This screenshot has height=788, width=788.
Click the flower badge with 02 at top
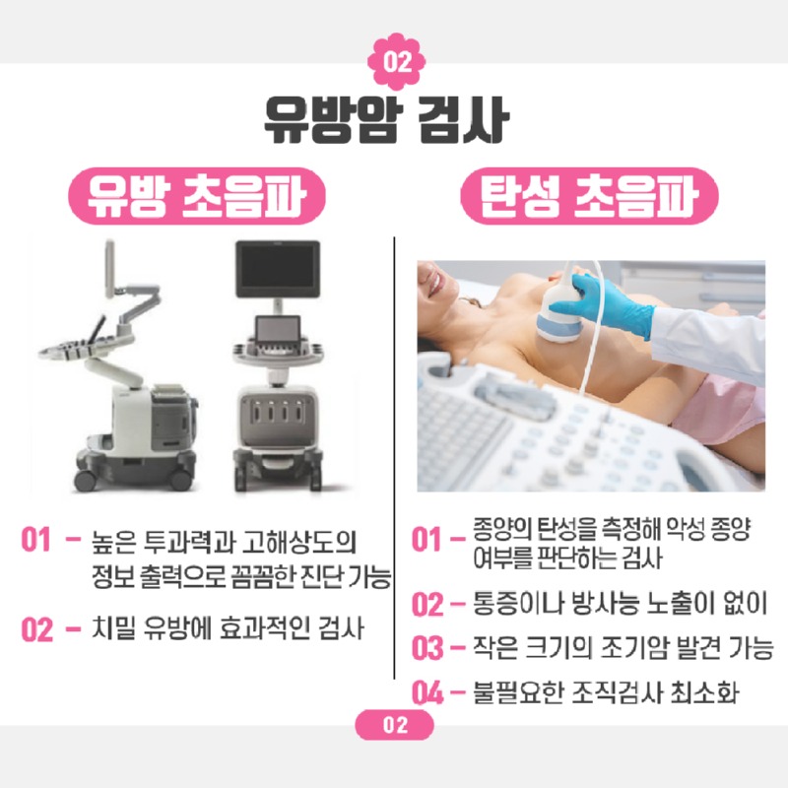pyautogui.click(x=397, y=61)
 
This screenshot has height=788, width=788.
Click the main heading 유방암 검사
pyautogui.click(x=386, y=119)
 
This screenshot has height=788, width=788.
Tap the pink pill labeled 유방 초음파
pyautogui.click(x=197, y=196)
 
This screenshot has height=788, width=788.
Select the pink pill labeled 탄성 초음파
pyautogui.click(x=589, y=196)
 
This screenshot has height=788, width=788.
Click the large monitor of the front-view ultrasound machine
pyautogui.click(x=278, y=269)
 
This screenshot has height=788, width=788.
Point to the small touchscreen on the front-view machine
pyautogui.click(x=278, y=330)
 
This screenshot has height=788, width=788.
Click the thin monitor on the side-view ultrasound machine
pyautogui.click(x=109, y=269)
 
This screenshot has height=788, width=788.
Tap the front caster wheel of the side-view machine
pyautogui.click(x=85, y=481)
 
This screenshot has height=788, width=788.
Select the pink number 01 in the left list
pyautogui.click(x=35, y=540)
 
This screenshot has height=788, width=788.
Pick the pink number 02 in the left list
pyautogui.click(x=36, y=629)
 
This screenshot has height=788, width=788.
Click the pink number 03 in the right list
pyautogui.click(x=427, y=648)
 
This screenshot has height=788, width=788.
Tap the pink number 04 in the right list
pyautogui.click(x=427, y=692)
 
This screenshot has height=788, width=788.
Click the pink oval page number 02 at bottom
pyautogui.click(x=395, y=725)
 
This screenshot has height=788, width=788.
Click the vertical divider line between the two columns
pyautogui.click(x=395, y=458)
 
